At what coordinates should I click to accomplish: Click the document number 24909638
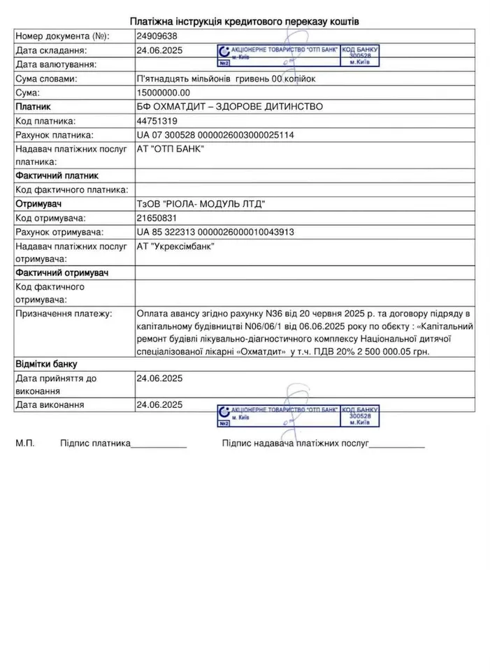coord(157,36)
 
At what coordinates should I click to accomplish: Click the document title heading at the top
coord(245,22)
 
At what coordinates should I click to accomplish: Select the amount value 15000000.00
coord(164,92)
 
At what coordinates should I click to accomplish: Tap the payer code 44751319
coord(157,121)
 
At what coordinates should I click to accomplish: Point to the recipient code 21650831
coord(157,218)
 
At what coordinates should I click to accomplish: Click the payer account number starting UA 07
coord(215,135)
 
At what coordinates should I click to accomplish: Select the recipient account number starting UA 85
coord(215,232)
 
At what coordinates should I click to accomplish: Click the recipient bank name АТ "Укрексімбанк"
coord(175,246)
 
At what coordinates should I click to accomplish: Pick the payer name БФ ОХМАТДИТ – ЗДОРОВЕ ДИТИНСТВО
coord(221,106)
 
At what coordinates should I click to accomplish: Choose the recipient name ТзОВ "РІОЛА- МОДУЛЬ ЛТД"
coord(201,204)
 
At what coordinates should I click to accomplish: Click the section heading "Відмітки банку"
coord(46,364)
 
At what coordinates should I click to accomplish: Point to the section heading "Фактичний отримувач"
coord(61,272)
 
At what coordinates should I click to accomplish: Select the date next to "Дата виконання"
coord(159,404)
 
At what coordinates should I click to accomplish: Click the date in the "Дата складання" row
coord(159,50)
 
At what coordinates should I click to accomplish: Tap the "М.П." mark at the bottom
coord(25,443)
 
